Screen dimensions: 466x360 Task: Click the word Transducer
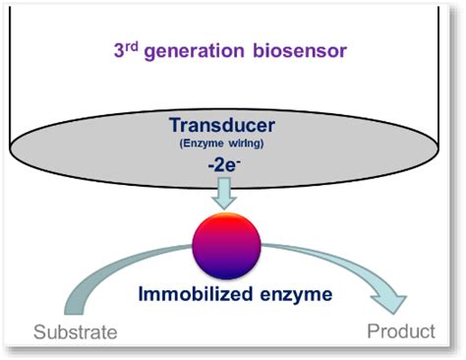tap(222, 125)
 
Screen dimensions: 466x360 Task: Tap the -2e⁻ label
tap(224, 165)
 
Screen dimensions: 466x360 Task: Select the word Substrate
tap(76, 331)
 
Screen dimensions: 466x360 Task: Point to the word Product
tap(401, 331)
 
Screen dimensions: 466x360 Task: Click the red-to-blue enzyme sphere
tap(226, 246)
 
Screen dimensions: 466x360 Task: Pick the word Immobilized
tap(196, 294)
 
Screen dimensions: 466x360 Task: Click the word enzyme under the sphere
tap(296, 295)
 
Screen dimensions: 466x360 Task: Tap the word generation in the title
tap(195, 52)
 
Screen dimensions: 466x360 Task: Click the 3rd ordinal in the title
tap(126, 50)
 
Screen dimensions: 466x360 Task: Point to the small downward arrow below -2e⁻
tap(224, 193)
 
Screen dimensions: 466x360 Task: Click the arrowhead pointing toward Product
tap(389, 302)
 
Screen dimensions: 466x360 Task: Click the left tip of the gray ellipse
tap(10, 149)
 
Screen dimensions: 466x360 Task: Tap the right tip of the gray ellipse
tap(439, 149)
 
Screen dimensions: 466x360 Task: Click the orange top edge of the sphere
tap(227, 214)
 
